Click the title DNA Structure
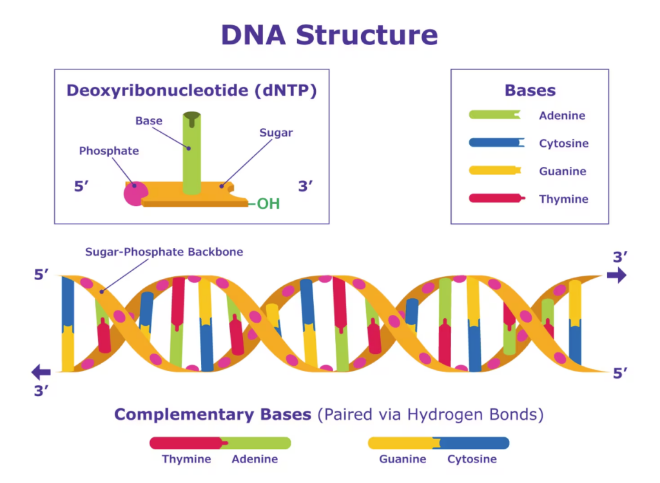click(329, 35)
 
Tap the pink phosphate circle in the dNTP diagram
click(135, 193)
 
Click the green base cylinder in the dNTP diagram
click(191, 155)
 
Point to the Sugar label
click(276, 133)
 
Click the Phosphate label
click(109, 151)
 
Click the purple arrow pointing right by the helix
click(616, 276)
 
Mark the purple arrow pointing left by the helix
click(41, 372)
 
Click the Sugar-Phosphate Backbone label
click(164, 252)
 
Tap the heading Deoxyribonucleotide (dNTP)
click(191, 90)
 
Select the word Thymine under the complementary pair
click(186, 459)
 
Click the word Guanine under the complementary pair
click(402, 459)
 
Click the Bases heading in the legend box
click(530, 91)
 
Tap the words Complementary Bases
click(213, 414)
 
